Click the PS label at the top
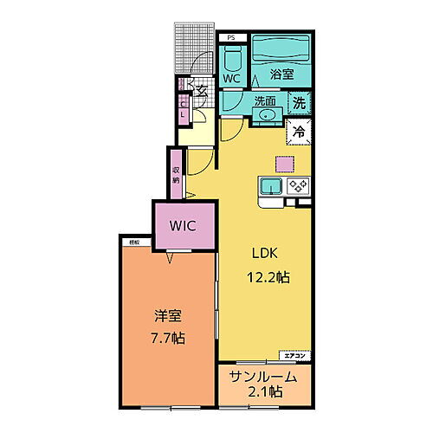(231, 38)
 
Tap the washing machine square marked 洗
(298, 101)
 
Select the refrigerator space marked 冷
(298, 132)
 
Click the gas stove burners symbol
(299, 185)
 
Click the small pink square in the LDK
(284, 163)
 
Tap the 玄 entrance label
(200, 90)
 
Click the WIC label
(184, 226)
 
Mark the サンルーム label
(263, 378)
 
